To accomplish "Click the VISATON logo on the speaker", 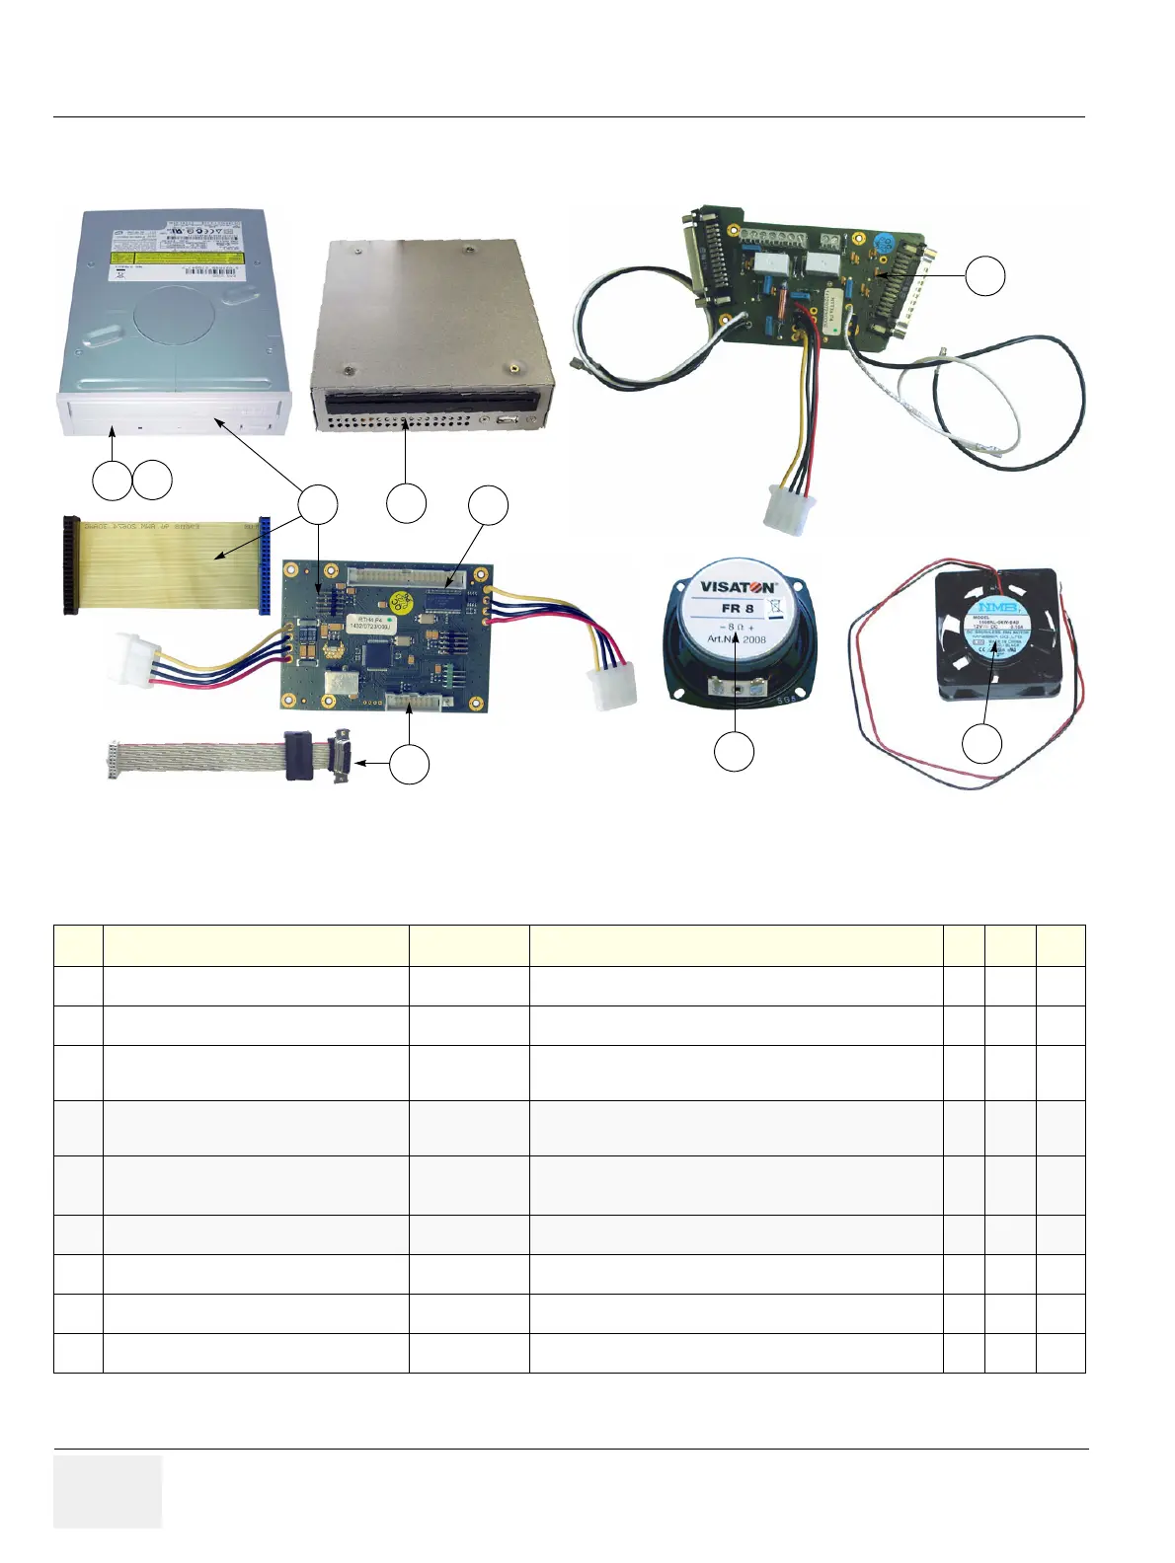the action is [x=738, y=586].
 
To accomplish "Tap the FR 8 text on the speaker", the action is [x=737, y=609].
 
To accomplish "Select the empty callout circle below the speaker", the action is [x=734, y=752].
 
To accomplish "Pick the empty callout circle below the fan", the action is [x=982, y=743].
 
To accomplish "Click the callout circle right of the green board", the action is [x=984, y=276].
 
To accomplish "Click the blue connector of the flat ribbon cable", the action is [x=264, y=564].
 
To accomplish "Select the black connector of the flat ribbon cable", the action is [x=68, y=564].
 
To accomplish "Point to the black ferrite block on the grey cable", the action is [x=301, y=757].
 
